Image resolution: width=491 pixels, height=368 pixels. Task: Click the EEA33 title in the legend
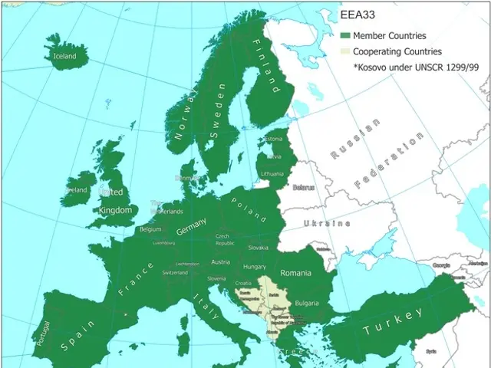[358, 15]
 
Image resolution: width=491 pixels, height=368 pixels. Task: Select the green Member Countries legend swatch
[345, 35]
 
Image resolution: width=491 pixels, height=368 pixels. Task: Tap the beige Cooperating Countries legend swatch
[345, 51]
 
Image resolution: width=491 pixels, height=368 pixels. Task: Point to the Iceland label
[64, 56]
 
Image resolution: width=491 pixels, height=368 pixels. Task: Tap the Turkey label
[393, 321]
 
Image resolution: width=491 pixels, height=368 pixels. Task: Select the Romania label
[295, 273]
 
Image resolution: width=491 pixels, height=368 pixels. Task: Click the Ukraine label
[327, 223]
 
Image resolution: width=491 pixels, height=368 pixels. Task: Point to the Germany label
[191, 227]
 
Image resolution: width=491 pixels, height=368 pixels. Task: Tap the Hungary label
[254, 267]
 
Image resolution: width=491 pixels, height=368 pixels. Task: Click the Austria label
[220, 262]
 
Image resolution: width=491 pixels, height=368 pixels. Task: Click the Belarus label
[304, 187]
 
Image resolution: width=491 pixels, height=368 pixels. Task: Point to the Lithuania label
[272, 174]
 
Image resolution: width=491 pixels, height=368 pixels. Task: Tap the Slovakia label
[258, 248]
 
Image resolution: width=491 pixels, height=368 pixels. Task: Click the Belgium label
[150, 229]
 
